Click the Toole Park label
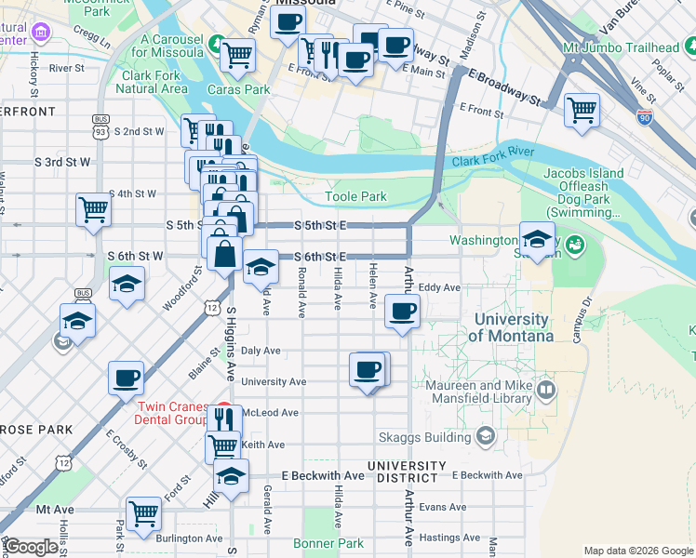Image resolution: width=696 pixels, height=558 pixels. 355,196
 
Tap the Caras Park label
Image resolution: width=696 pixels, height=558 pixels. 238,90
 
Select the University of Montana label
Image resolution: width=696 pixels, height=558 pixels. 511,327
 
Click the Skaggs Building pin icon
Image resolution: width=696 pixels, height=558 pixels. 486,435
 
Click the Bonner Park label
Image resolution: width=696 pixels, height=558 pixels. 328,543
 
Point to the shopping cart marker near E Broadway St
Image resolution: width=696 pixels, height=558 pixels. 582,110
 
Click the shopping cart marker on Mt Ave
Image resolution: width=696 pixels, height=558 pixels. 143,512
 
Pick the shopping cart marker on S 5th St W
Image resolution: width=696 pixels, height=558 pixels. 94,209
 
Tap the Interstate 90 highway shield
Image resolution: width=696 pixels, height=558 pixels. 645,117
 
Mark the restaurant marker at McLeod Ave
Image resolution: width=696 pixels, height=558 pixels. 223,418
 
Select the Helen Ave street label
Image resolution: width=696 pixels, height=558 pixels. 373,286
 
